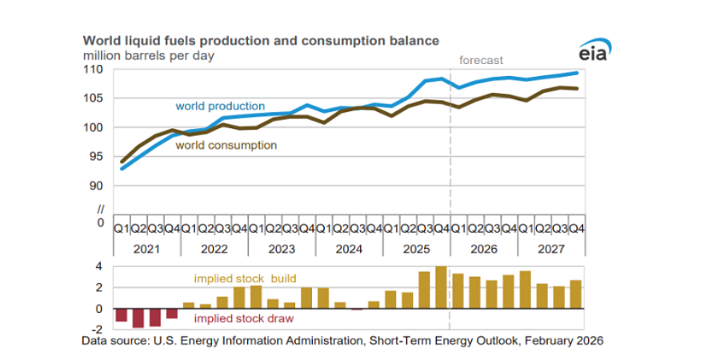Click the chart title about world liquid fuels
point(260,40)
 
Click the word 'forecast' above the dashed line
point(481,60)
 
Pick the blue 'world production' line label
point(220,106)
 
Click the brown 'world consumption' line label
point(226,146)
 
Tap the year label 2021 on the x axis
point(147,249)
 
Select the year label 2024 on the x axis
point(349,249)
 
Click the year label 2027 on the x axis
point(550,249)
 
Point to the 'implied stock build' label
point(245,278)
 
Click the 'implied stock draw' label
point(245,318)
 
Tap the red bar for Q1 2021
point(122,315)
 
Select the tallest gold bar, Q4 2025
point(441,287)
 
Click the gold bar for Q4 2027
point(575,294)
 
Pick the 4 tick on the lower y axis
point(100,266)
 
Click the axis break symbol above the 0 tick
point(100,210)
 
